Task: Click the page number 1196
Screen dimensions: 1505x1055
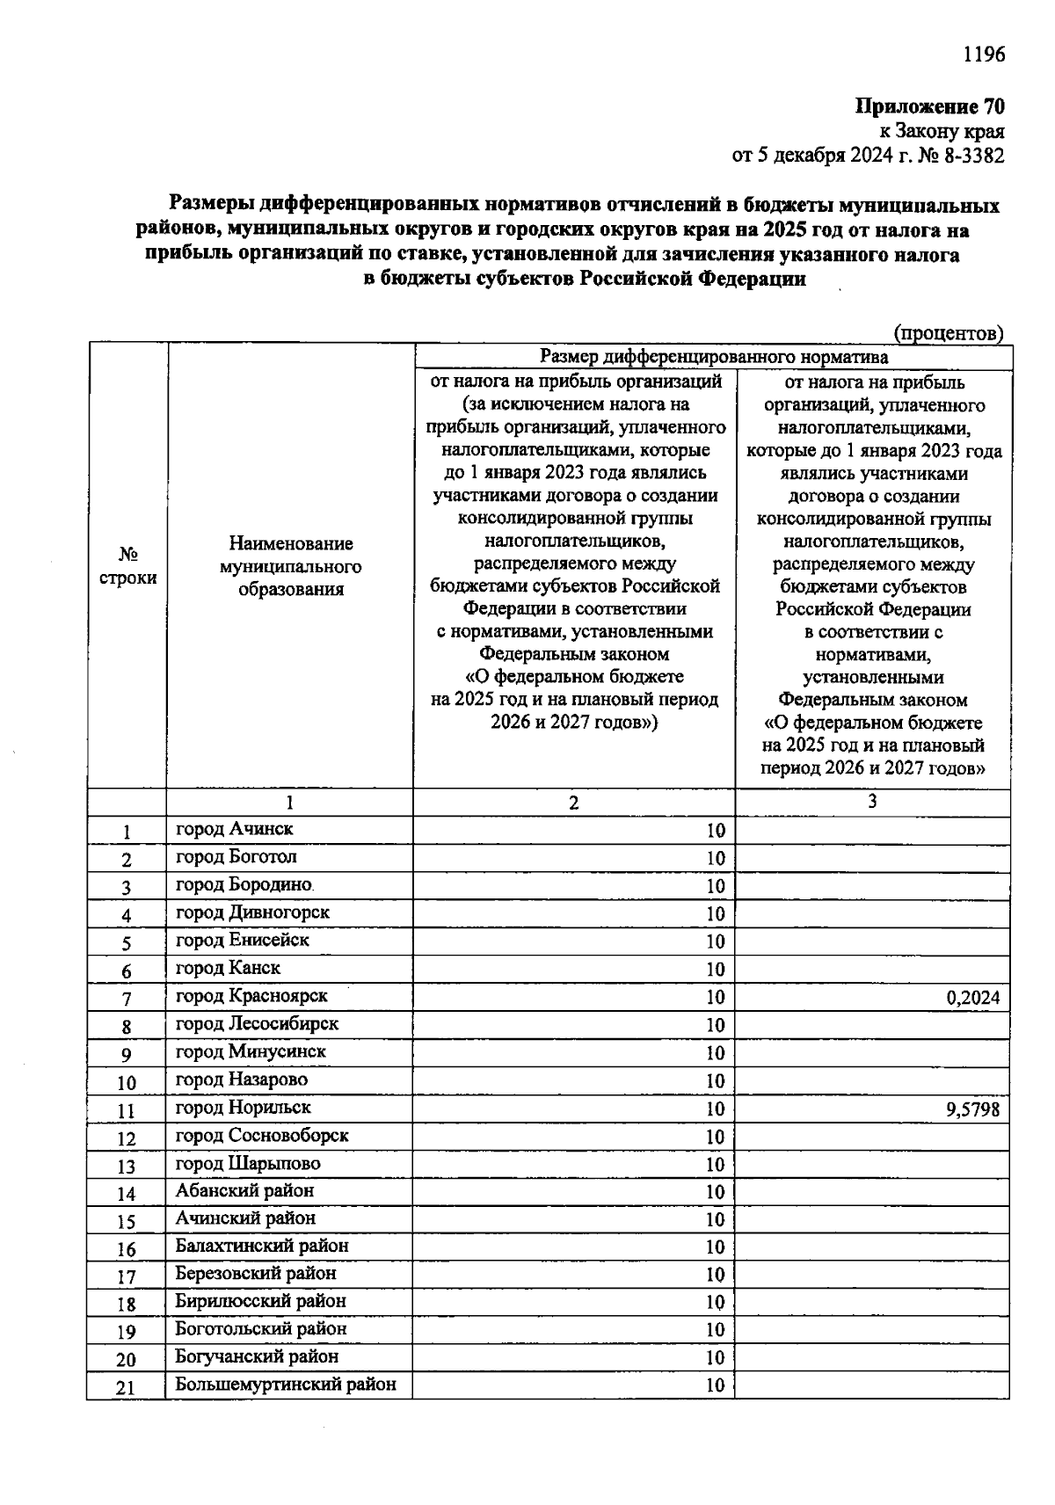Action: (x=983, y=55)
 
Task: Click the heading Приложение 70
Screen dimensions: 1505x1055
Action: (x=929, y=107)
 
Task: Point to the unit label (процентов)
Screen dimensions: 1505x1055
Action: (x=948, y=333)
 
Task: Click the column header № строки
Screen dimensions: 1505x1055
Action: (x=127, y=566)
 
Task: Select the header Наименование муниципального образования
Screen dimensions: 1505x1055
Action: (x=290, y=566)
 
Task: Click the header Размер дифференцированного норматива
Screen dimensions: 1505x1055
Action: (x=713, y=357)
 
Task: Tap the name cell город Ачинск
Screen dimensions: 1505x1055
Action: (x=235, y=829)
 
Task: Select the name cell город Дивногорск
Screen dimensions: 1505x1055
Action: (x=252, y=912)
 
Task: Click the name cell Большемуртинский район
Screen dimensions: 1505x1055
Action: (x=286, y=1385)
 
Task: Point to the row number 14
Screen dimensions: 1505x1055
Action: (x=127, y=1194)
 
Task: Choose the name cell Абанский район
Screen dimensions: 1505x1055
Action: (x=244, y=1190)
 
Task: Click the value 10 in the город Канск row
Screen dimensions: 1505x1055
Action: (x=715, y=970)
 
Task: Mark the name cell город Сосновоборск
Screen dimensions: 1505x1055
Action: (x=262, y=1136)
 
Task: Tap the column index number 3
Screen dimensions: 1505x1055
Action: (x=871, y=801)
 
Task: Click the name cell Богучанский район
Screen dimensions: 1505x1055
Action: (x=257, y=1356)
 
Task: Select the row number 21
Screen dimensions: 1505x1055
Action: (x=127, y=1388)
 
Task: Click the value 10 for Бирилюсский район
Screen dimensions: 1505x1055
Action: (x=715, y=1303)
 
